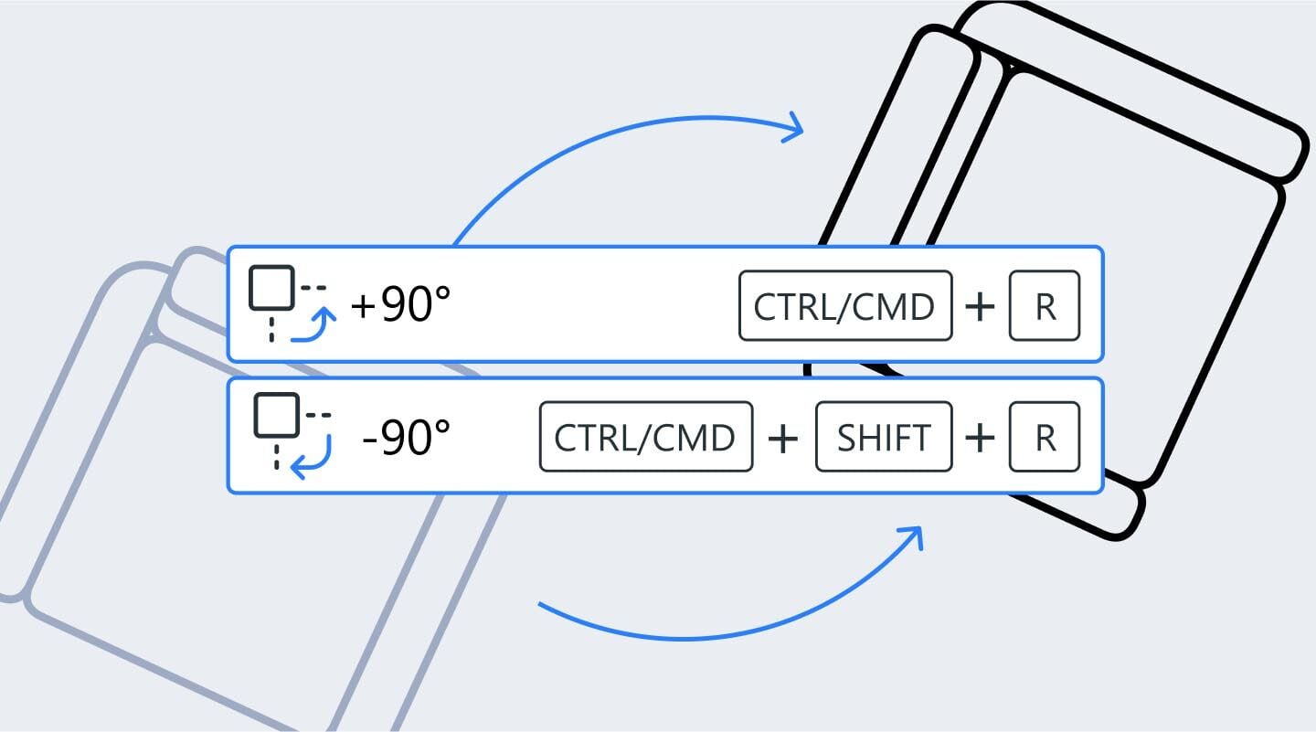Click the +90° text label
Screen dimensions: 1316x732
click(x=400, y=305)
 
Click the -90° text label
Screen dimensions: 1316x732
click(x=407, y=437)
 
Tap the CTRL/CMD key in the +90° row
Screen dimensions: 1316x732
click(x=845, y=305)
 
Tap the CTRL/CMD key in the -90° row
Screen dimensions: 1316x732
click(x=645, y=437)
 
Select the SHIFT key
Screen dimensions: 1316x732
click(x=884, y=437)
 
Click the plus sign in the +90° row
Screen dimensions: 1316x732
click(x=980, y=306)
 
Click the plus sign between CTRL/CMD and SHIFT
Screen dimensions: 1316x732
click(x=783, y=439)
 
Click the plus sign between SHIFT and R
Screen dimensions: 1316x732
click(x=980, y=439)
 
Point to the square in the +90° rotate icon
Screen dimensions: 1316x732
click(x=271, y=288)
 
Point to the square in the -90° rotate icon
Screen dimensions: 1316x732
click(x=277, y=415)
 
